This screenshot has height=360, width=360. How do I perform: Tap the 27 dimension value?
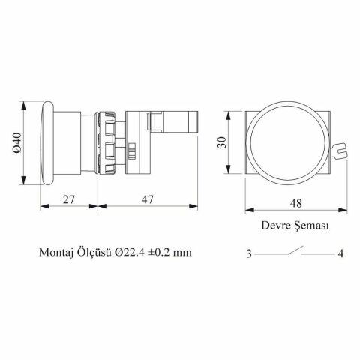[x=68, y=199]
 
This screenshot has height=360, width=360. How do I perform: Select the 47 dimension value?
[x=148, y=199]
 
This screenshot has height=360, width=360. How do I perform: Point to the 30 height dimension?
[x=222, y=142]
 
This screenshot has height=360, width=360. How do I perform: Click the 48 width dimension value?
[x=296, y=203]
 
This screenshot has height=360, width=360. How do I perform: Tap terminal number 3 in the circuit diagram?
[x=249, y=253]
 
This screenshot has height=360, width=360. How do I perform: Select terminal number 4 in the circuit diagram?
[x=340, y=253]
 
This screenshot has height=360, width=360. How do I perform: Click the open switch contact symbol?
[x=295, y=250]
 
